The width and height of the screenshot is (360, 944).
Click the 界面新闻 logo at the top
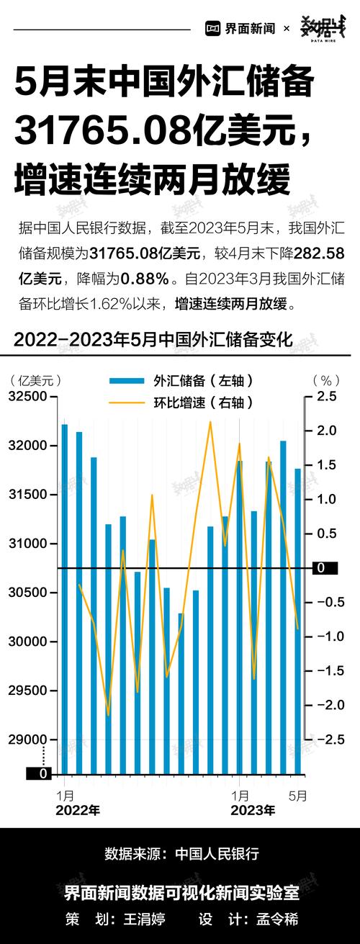coord(240,29)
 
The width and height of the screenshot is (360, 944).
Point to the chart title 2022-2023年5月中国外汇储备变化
coord(153,339)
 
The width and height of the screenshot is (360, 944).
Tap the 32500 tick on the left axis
coord(27,397)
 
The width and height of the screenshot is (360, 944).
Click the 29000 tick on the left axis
coord(27,740)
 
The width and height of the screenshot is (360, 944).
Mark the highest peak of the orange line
coord(210,423)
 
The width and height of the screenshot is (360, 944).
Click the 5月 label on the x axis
coord(298,796)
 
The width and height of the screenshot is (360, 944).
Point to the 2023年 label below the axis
coord(252,811)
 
